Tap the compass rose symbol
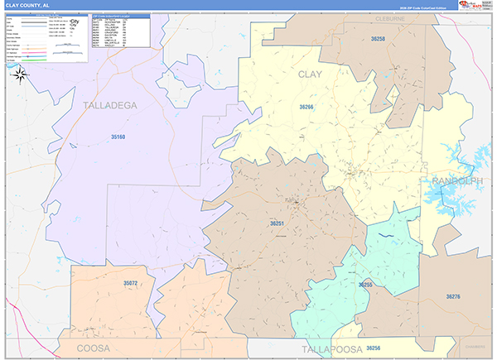click(x=21, y=74)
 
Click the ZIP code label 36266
click(x=307, y=107)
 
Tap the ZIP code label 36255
click(x=365, y=284)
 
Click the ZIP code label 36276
click(x=453, y=295)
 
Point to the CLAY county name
click(x=310, y=75)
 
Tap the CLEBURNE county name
click(x=388, y=16)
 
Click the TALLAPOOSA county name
click(x=331, y=350)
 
